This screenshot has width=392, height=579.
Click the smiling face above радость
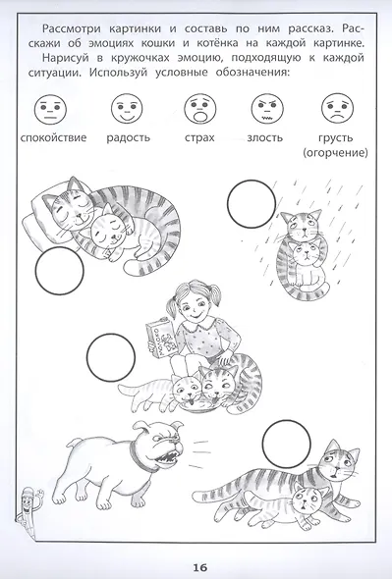point(127,109)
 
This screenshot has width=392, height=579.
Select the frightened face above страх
point(200,109)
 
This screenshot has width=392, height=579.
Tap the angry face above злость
point(267,109)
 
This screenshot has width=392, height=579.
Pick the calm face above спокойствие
point(51,109)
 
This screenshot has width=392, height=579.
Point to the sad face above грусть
point(337,109)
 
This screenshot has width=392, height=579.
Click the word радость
point(129,138)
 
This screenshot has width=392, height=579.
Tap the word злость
point(265,137)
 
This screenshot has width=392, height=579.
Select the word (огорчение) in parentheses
point(335,152)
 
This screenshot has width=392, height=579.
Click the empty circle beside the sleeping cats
point(60,271)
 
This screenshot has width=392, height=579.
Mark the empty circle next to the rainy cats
point(252,204)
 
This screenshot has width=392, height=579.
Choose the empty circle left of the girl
point(111,357)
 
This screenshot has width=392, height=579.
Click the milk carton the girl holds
point(161,337)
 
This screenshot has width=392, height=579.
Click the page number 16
point(200,567)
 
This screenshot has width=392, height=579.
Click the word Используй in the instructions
point(118,73)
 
